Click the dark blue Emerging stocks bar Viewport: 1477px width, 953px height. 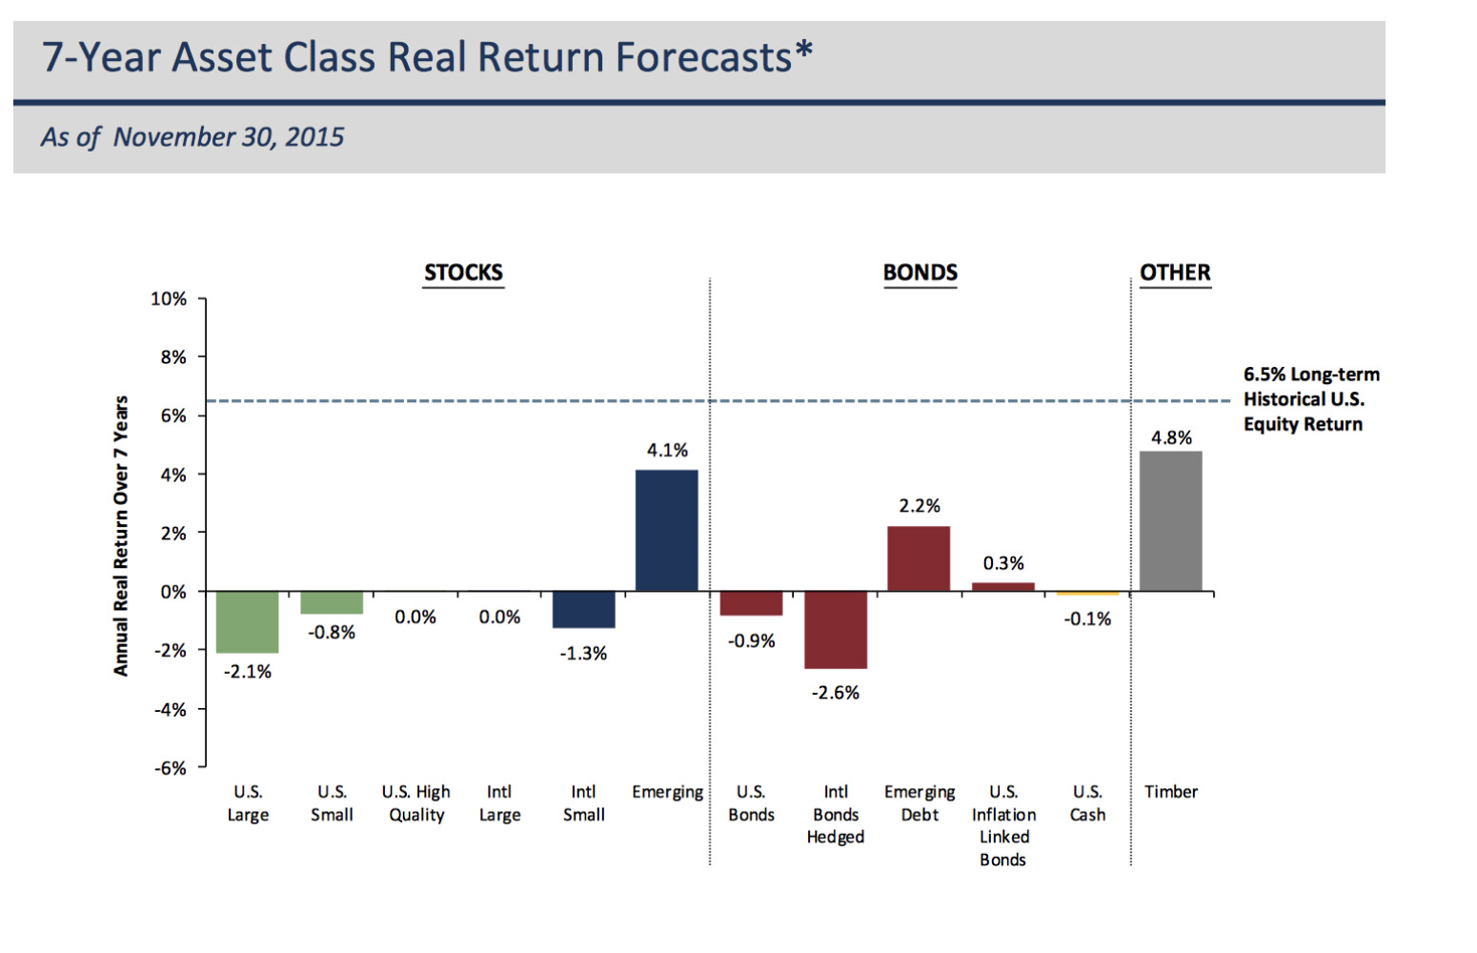point(666,530)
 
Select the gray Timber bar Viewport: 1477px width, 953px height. point(1170,520)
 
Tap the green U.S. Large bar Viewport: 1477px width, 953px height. point(248,621)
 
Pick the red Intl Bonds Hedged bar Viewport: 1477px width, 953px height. point(836,629)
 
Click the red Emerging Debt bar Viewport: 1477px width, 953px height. point(919,558)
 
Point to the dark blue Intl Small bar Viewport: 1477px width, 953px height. point(583,609)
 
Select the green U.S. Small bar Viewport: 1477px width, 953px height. point(332,602)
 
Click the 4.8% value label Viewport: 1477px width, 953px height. point(1171,437)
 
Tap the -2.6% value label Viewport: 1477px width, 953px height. point(835,693)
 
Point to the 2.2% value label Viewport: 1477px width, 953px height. point(920,505)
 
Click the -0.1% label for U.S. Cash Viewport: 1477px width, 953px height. point(1087,618)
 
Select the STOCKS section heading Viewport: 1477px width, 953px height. point(463,273)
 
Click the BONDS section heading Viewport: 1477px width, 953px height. point(920,273)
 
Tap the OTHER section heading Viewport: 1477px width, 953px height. point(1175,273)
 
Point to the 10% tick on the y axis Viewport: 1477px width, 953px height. point(169,298)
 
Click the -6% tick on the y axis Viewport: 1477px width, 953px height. point(170,768)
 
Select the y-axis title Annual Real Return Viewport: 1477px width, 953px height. point(120,536)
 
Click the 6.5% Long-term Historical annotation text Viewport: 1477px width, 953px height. point(1310,399)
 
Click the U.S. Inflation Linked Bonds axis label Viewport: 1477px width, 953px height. point(1003,825)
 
